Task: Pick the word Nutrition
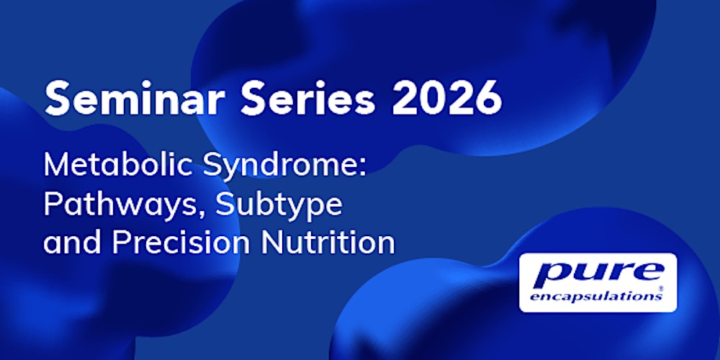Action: coord(328,243)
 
